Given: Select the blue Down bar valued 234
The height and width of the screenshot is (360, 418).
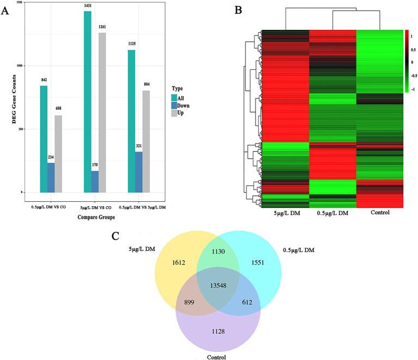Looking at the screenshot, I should pyautogui.click(x=51, y=177).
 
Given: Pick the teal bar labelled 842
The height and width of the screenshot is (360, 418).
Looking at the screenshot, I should pyautogui.click(x=44, y=139).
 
